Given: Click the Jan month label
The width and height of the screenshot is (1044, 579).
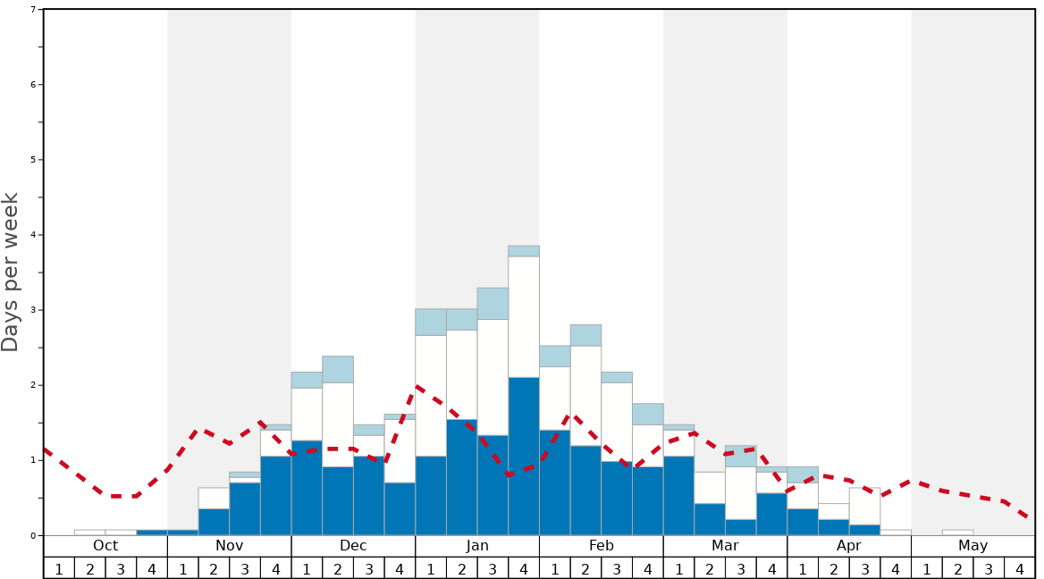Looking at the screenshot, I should tap(477, 546).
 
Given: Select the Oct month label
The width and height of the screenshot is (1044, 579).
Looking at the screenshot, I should tap(105, 546).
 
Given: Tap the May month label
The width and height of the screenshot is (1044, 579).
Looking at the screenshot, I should tap(972, 546).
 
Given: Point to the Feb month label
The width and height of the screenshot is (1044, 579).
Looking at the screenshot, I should tap(602, 546).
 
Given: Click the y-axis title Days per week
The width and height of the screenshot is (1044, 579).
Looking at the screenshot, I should tap(11, 273).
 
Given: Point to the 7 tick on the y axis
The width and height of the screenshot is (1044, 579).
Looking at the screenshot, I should tap(33, 10).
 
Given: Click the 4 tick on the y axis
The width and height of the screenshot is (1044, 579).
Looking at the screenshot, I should tap(33, 235).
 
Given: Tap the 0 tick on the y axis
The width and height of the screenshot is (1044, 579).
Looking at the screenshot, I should tap(33, 535).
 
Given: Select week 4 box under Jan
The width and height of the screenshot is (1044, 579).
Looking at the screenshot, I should tap(524, 568).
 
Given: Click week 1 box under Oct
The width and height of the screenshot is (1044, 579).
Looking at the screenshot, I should tap(59, 568).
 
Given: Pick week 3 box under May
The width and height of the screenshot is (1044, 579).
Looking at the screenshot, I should tap(989, 568).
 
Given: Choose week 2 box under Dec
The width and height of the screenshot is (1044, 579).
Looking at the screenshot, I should tap(338, 568).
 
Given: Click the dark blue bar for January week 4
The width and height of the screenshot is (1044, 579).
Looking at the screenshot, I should tap(524, 456).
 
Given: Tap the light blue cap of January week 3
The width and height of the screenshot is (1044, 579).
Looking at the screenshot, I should tap(493, 304).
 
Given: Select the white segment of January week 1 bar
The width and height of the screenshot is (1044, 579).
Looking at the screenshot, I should tap(431, 396).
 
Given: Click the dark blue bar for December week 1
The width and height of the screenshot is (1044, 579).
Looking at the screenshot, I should tap(307, 487).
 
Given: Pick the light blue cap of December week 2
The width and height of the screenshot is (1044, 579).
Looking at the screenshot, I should tap(338, 369).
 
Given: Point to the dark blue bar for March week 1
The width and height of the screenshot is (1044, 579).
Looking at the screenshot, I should tap(678, 496).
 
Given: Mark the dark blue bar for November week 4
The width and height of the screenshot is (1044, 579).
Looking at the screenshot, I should tap(275, 496).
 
